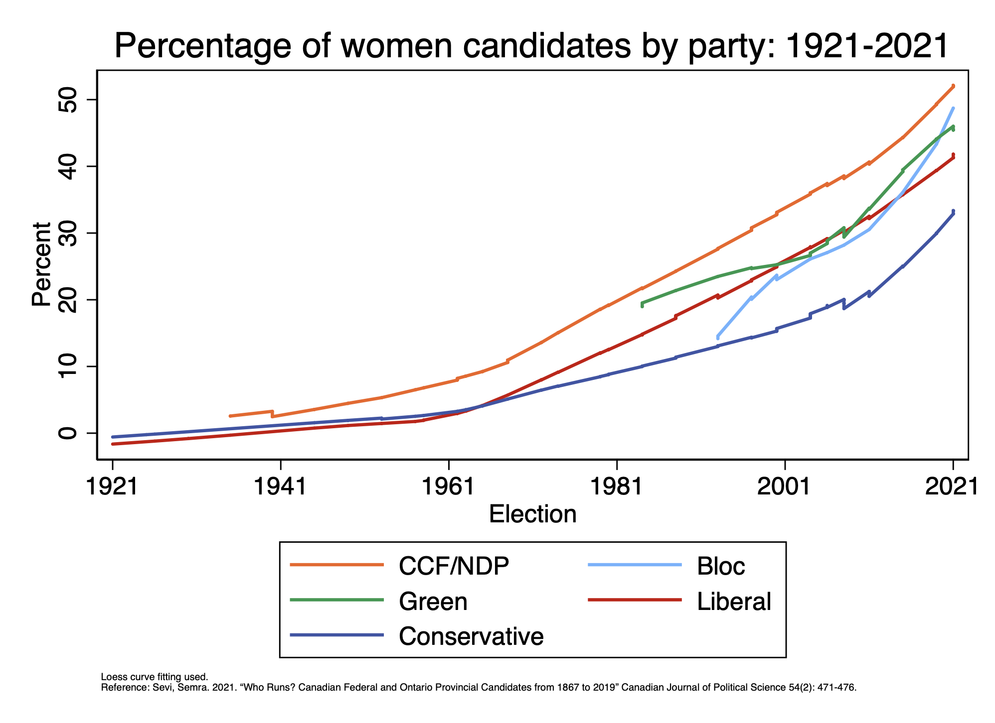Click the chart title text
coord(531,46)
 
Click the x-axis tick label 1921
coord(112,486)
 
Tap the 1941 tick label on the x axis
coord(280,486)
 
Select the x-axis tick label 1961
coord(448,486)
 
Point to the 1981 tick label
coord(617,486)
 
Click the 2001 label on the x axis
coord(785,486)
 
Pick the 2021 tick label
coord(953,486)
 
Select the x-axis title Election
coord(532,514)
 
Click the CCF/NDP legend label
coord(454,566)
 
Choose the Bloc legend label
coord(721,566)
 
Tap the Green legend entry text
coord(433,601)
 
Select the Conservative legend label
coord(471,636)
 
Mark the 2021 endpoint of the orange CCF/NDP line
coord(953,87)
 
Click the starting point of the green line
coord(642,303)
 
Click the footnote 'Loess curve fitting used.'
coord(154,677)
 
